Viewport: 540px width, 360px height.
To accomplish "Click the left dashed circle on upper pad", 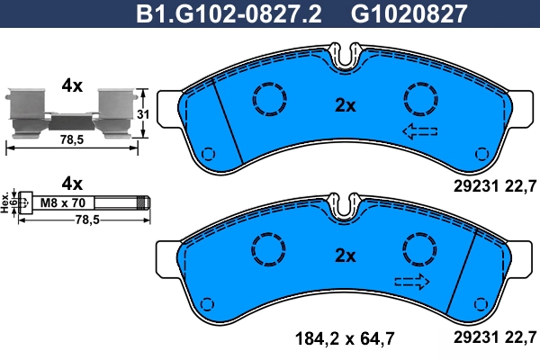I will tap(267, 97).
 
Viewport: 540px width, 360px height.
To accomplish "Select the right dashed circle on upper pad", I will tap(420, 97).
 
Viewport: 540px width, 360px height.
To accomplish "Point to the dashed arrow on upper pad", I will tap(419, 133).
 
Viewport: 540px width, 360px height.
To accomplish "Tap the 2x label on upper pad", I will tap(346, 105).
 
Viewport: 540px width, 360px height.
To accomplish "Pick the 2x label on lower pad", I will tap(346, 256).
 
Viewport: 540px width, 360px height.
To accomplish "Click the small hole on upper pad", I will tap(209, 153).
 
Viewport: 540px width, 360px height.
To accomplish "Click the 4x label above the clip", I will tap(72, 85).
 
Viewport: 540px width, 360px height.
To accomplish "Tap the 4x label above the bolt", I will tap(72, 180).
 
